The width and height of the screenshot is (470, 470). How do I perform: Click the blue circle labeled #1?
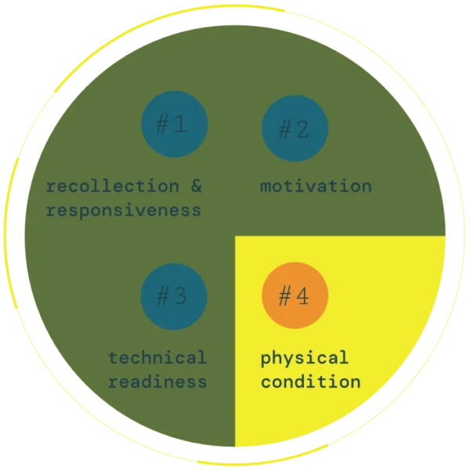pyautogui.click(x=174, y=125)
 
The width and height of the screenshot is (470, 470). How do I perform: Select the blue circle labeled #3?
pyautogui.click(x=174, y=297)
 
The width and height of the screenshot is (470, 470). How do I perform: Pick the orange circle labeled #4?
pyautogui.click(x=295, y=297)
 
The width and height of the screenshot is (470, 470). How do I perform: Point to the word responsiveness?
pyautogui.click(x=124, y=211)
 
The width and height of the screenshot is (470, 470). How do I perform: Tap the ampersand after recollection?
pyautogui.click(x=196, y=186)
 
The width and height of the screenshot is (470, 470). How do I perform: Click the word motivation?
pyautogui.click(x=316, y=186)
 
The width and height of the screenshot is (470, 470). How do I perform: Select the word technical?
pyautogui.click(x=157, y=358)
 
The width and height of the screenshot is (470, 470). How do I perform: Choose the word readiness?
pyautogui.click(x=157, y=382)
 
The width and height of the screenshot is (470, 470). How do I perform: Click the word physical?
pyautogui.click(x=304, y=359)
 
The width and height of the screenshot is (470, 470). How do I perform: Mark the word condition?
pyautogui.click(x=310, y=382)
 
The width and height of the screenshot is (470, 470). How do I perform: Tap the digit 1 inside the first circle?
pyautogui.click(x=182, y=125)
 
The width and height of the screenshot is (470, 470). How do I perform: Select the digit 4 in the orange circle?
pyautogui.click(x=303, y=297)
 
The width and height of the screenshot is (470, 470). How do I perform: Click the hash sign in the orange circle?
pyautogui.click(x=286, y=297)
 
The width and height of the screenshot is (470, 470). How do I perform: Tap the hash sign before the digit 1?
pyautogui.click(x=164, y=125)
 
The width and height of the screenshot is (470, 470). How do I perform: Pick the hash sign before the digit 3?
pyautogui.click(x=164, y=297)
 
